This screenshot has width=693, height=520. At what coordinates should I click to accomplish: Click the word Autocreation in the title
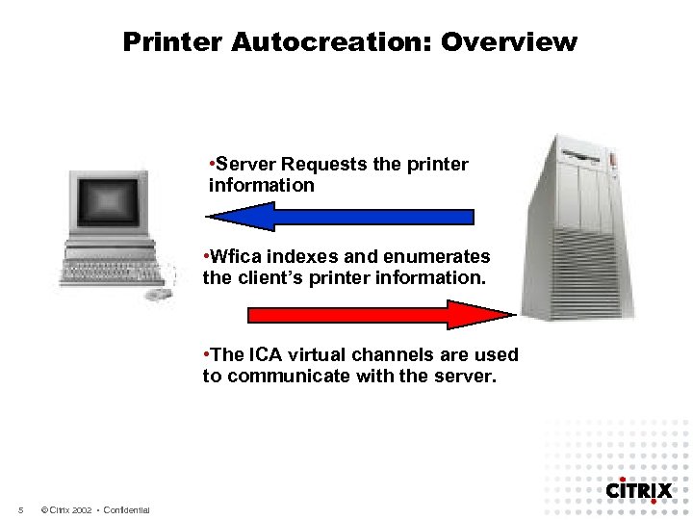tap(307, 42)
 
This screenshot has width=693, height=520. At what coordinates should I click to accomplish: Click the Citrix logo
tap(638, 490)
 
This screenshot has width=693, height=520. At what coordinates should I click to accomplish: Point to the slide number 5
tap(20, 509)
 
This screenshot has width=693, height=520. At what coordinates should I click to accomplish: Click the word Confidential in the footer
tap(126, 509)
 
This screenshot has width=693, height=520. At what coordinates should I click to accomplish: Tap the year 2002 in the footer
tap(81, 509)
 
